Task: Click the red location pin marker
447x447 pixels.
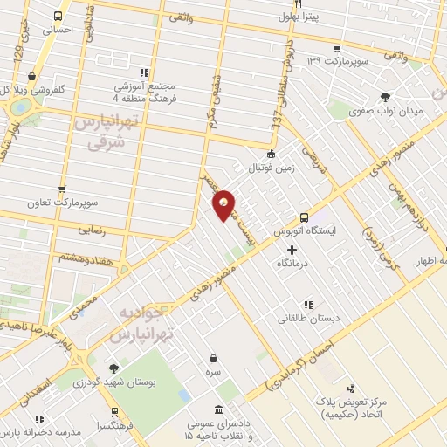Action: pyautogui.click(x=223, y=205)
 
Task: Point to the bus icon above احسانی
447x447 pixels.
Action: pyautogui.click(x=58, y=16)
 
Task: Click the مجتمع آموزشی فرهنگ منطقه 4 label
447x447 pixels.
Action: pyautogui.click(x=144, y=91)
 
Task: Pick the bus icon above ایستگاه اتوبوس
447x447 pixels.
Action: pyautogui.click(x=304, y=218)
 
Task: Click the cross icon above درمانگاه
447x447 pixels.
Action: pyautogui.click(x=292, y=250)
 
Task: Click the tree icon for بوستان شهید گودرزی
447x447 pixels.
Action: pyautogui.click(x=113, y=368)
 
